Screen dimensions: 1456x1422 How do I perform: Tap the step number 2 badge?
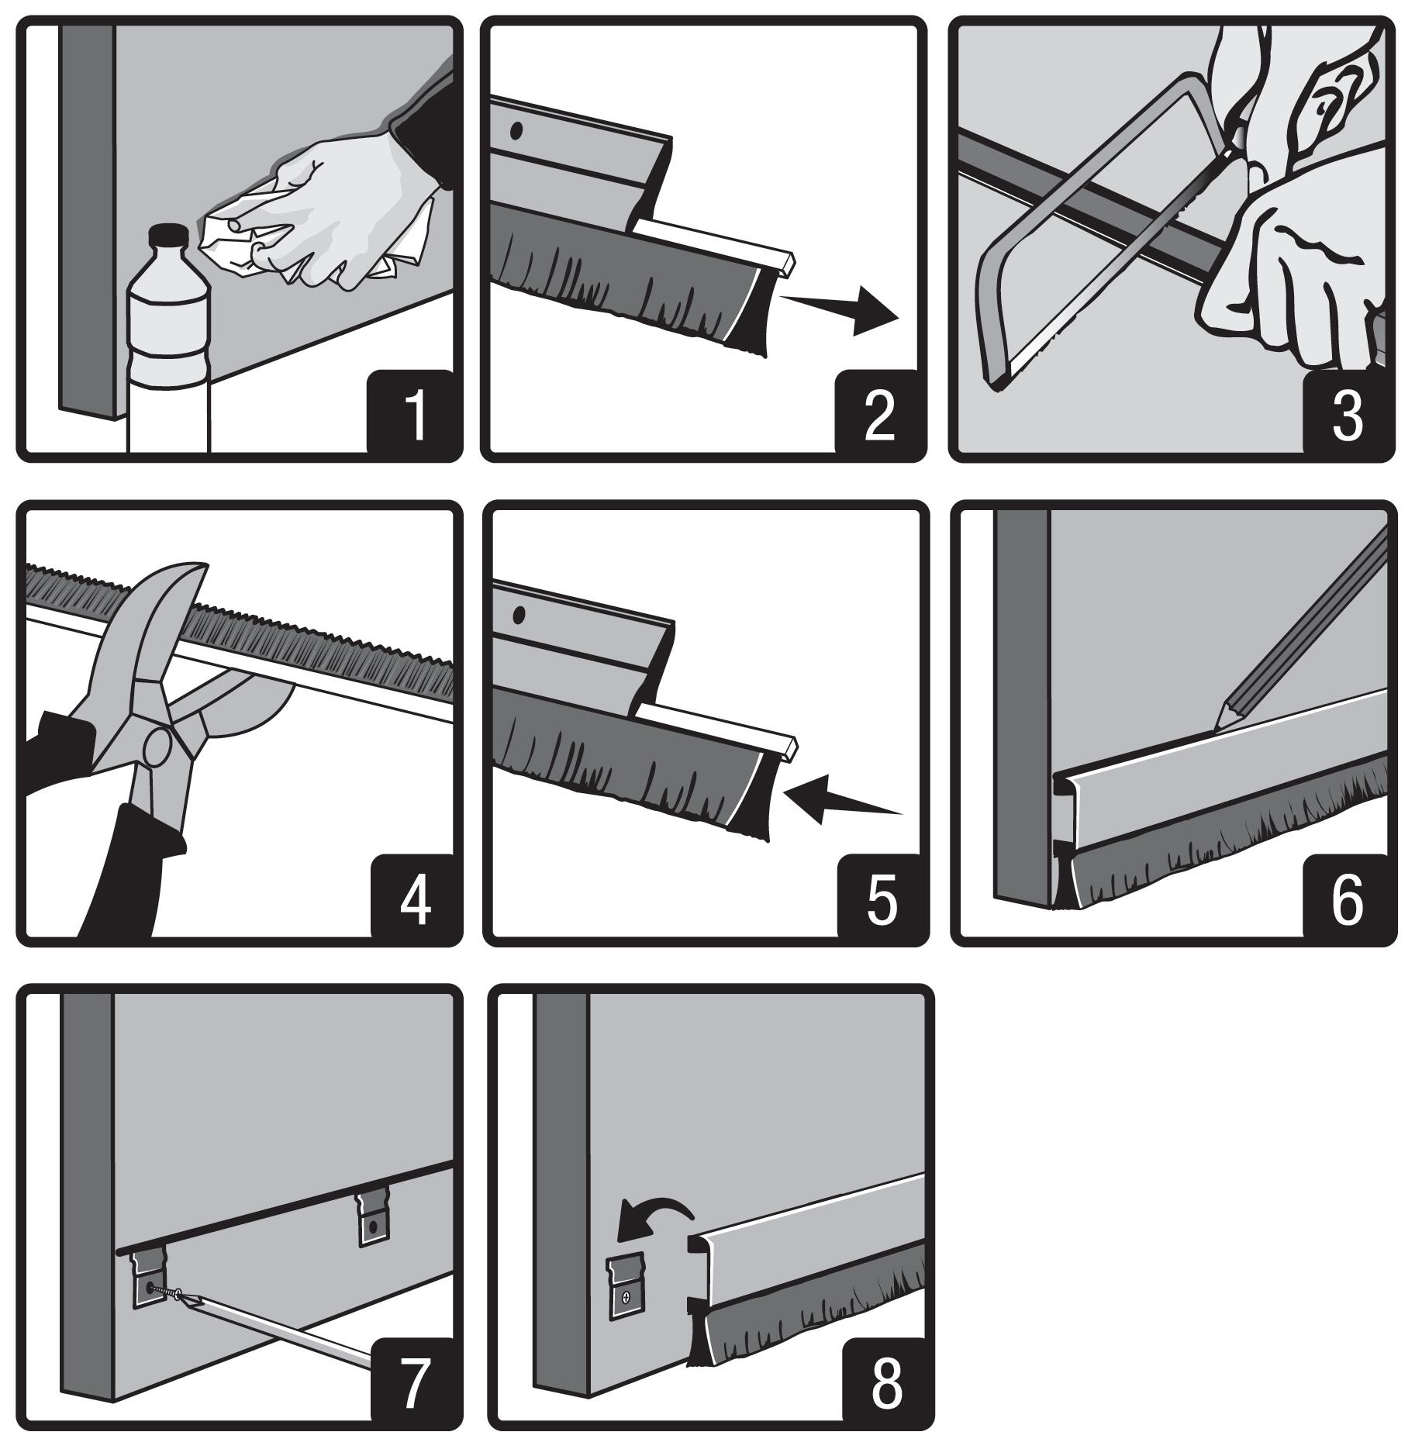878,415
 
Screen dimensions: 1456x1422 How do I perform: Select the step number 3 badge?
1347,415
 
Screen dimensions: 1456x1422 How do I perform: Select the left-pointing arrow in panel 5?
837,799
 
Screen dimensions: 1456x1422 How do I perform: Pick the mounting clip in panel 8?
625,1286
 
